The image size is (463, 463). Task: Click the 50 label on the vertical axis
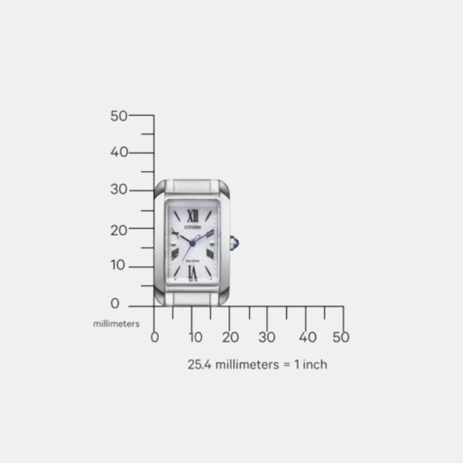[119, 116]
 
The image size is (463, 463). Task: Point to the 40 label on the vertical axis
[119, 152]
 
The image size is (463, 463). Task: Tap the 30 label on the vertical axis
[119, 190]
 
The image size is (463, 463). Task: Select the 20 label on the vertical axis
[119, 230]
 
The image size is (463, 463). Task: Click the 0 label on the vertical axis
[115, 304]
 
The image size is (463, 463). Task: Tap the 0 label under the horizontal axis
[155, 337]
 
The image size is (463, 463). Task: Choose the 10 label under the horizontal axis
[195, 337]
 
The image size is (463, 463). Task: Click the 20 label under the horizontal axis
[230, 337]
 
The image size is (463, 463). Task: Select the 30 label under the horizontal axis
[267, 337]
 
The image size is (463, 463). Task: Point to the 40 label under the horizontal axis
[307, 337]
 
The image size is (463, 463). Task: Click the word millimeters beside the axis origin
[116, 324]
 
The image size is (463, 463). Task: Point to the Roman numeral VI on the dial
[193, 271]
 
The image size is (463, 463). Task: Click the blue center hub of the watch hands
[192, 244]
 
